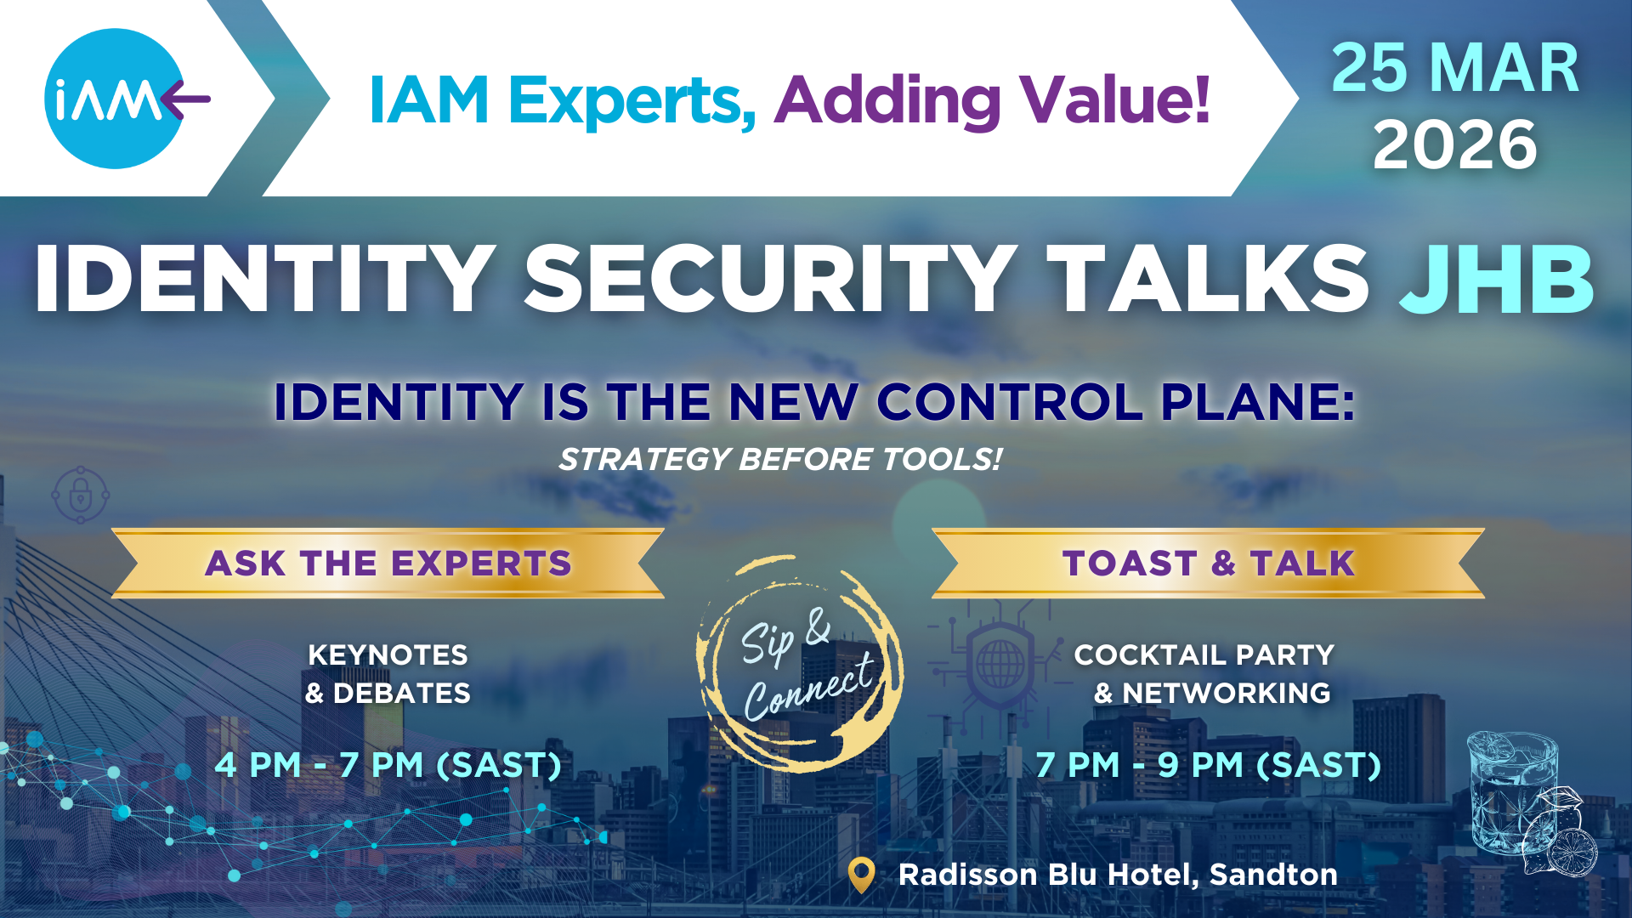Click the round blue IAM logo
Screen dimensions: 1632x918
(x=114, y=99)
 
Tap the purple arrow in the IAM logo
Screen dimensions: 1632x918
(x=185, y=99)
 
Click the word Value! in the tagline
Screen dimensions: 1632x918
(x=1114, y=99)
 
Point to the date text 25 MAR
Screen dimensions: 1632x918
(x=1455, y=68)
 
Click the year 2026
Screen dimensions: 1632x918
(x=1455, y=144)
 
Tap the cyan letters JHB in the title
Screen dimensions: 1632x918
(x=1496, y=279)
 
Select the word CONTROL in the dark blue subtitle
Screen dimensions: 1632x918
(x=1010, y=401)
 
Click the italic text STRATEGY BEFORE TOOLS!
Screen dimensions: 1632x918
(x=780, y=459)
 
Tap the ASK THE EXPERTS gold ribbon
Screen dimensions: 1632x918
(x=388, y=563)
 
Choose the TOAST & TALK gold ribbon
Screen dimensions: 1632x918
(x=1208, y=563)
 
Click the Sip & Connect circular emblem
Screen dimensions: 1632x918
(x=800, y=664)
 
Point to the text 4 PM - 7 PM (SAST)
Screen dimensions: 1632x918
(x=388, y=765)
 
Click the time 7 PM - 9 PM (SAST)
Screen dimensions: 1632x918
(x=1208, y=765)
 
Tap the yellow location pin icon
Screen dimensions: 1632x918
(x=862, y=875)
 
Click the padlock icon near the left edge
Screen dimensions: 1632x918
(x=80, y=494)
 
